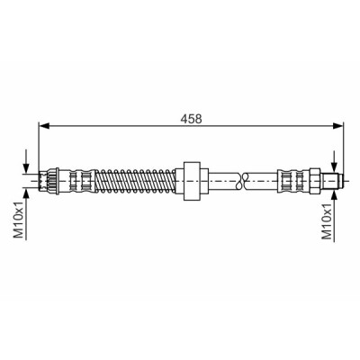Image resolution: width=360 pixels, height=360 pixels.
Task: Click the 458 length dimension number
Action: (x=191, y=119)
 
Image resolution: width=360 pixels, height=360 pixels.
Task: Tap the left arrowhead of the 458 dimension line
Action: (x=44, y=126)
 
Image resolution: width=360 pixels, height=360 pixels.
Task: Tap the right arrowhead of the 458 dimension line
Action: (x=337, y=126)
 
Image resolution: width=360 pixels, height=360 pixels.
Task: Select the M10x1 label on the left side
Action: (x=19, y=220)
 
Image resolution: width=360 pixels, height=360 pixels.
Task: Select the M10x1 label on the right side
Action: (x=327, y=221)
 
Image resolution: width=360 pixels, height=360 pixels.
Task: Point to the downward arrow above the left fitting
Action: (x=27, y=161)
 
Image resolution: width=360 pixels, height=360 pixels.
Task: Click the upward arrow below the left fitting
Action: (x=27, y=214)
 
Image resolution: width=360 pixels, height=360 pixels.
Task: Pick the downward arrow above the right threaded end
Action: (x=335, y=162)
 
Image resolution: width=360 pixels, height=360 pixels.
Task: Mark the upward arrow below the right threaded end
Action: (x=335, y=214)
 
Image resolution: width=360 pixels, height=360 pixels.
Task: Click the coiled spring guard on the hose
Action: (x=136, y=181)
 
